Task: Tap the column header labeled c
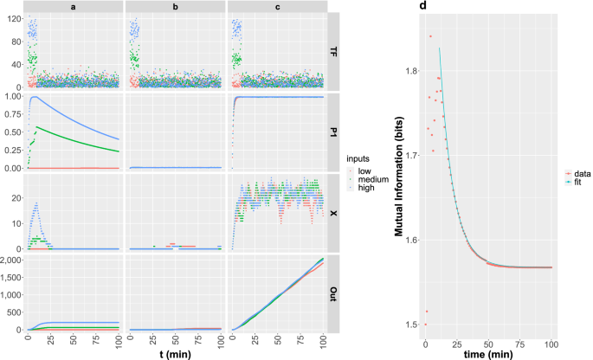click(275, 6)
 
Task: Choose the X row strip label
click(334, 213)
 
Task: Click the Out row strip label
click(334, 293)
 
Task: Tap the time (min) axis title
click(499, 355)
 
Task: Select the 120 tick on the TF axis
click(16, 17)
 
